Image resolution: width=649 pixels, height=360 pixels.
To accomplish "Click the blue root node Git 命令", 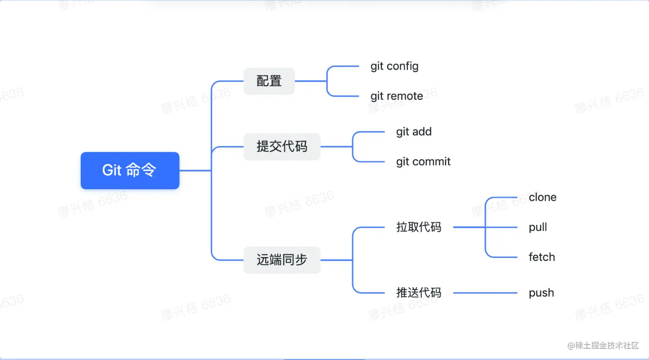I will (x=130, y=171).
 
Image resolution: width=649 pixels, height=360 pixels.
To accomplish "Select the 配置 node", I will (x=269, y=81).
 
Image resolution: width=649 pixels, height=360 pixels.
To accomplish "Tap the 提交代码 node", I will (x=282, y=147).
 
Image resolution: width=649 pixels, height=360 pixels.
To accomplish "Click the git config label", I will (x=394, y=66).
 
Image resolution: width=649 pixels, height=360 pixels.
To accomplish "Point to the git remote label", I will (x=397, y=96).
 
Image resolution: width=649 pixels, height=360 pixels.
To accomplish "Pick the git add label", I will (x=414, y=132).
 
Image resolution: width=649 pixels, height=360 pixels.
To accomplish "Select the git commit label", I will (x=423, y=162).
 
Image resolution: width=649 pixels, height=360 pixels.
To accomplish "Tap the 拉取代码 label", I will (x=419, y=227).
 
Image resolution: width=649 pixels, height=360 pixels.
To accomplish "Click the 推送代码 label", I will (x=419, y=293).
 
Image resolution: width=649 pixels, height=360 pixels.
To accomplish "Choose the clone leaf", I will (x=542, y=197).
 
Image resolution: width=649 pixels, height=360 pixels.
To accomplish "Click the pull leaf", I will (x=538, y=227).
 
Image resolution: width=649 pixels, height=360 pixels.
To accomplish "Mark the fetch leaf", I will (x=542, y=257).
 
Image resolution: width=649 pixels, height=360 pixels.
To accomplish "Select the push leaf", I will (x=541, y=293).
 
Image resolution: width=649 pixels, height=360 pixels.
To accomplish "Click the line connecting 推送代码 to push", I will (x=485, y=293).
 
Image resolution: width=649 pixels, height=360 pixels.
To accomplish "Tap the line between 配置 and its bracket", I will (x=311, y=81).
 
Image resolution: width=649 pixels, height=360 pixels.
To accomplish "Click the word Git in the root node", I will (x=112, y=171).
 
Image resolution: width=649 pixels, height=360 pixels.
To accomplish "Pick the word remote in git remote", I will (x=405, y=96).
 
